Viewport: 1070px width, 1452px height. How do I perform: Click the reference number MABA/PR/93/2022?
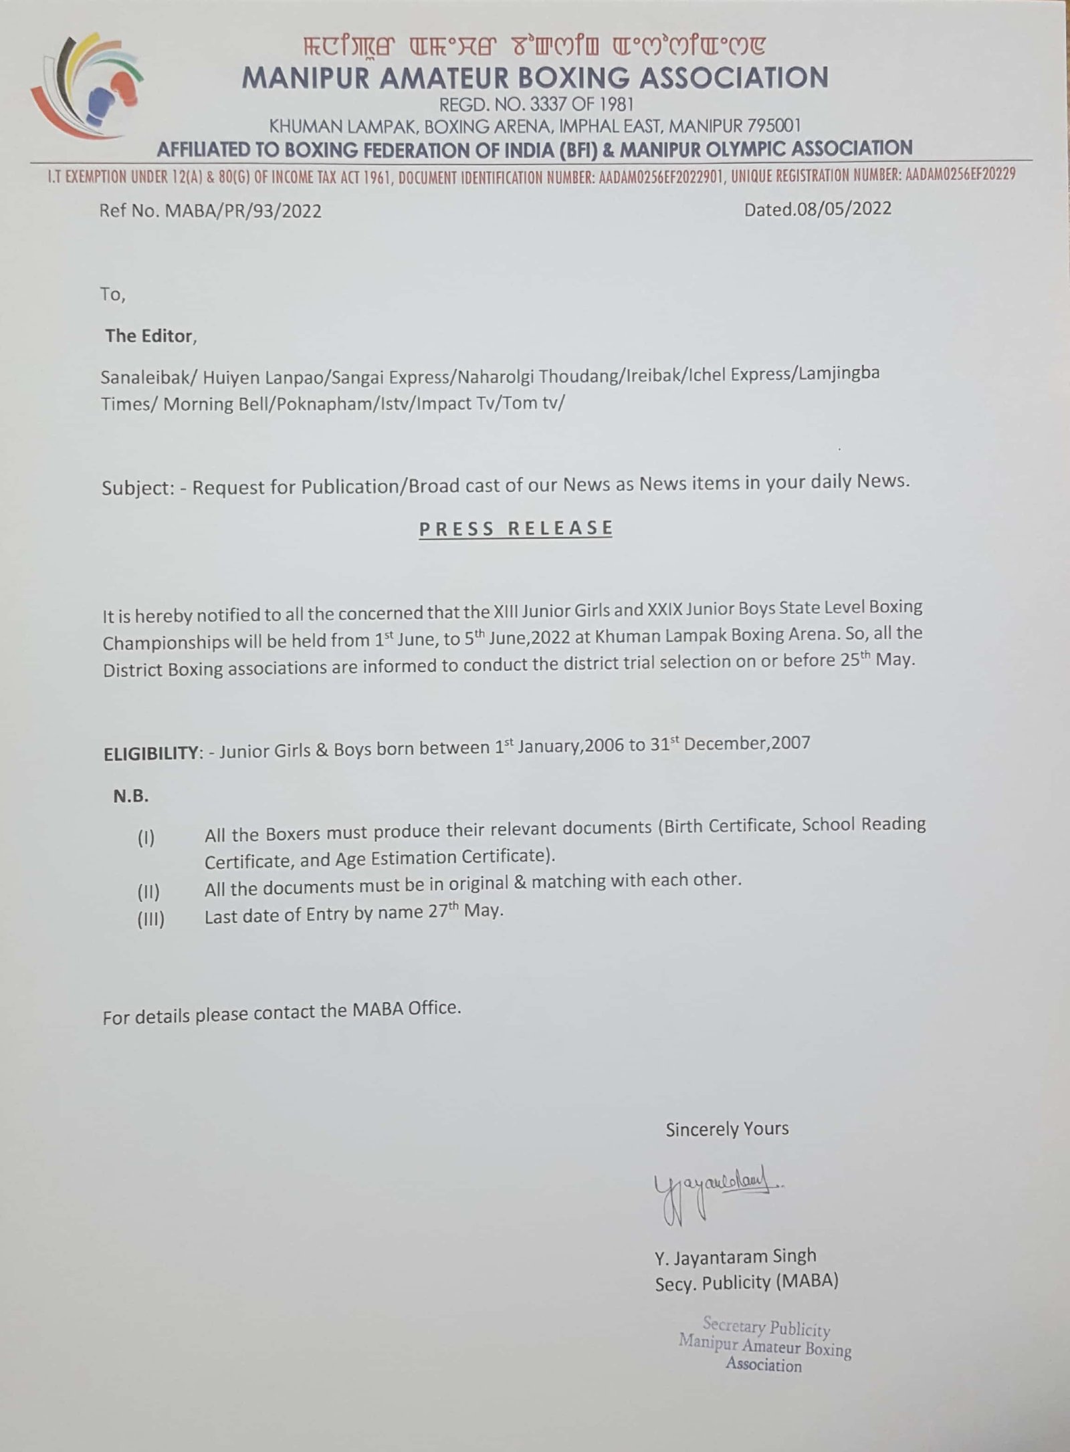(242, 211)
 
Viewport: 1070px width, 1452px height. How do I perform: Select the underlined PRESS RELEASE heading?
(516, 528)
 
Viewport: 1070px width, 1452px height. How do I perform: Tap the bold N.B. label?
(130, 796)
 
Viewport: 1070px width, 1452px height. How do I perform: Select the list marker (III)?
(150, 920)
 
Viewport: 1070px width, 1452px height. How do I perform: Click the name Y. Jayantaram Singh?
(736, 1257)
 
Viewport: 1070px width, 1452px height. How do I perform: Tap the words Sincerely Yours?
(727, 1129)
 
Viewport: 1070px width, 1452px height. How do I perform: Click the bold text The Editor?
(149, 336)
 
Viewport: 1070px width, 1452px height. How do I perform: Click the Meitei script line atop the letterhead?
(535, 47)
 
